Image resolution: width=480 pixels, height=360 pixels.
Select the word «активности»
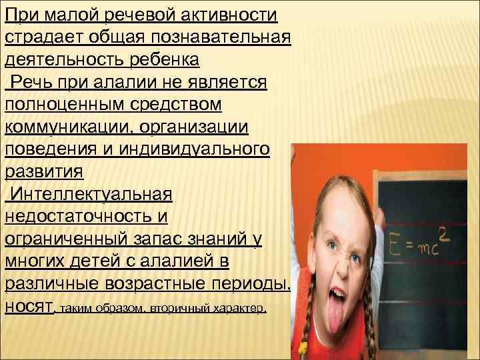[x=225, y=14]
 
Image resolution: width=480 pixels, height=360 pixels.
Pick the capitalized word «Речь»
[x=33, y=82]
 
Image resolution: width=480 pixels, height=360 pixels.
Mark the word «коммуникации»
[x=64, y=127]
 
